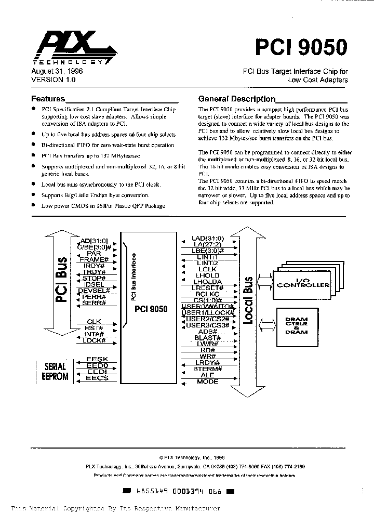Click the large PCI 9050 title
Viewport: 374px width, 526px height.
click(301, 47)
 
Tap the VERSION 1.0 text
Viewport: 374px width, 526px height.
click(54, 80)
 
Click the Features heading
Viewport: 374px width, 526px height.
click(48, 99)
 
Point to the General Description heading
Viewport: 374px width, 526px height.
click(237, 99)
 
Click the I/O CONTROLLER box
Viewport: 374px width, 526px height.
click(303, 284)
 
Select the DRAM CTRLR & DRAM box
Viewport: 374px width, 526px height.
click(297, 326)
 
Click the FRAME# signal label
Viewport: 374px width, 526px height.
click(95, 259)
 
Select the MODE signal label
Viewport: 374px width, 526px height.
click(208, 382)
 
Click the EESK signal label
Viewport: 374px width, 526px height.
click(97, 359)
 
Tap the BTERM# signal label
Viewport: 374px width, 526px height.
click(207, 369)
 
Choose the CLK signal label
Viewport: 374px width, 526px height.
click(94, 321)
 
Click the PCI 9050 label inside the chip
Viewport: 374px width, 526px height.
click(151, 309)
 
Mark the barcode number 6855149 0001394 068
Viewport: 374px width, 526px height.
click(179, 491)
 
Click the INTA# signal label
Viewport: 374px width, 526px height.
click(94, 334)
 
